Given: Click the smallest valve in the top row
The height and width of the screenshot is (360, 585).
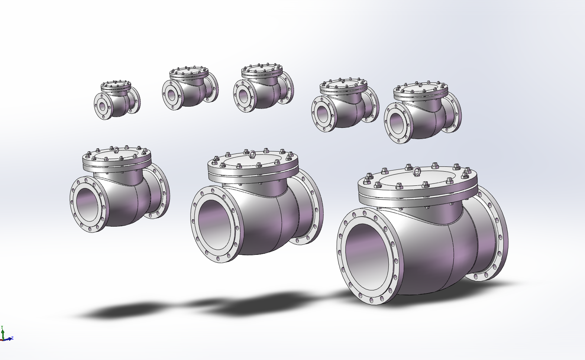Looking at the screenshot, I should click(117, 100).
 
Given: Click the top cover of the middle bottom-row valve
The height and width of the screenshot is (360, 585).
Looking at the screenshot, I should click(253, 162).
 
